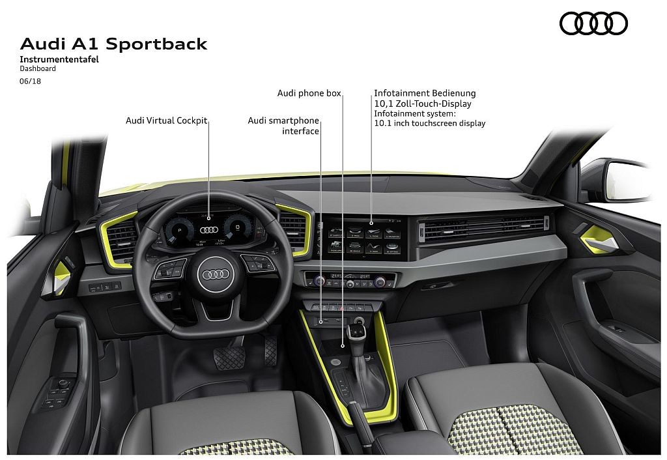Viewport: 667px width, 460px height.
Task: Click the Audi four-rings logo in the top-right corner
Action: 593,23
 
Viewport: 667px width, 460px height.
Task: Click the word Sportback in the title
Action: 156,44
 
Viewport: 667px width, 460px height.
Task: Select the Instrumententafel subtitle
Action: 59,59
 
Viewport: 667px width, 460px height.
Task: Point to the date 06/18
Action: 30,81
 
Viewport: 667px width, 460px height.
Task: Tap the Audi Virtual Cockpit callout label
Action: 166,121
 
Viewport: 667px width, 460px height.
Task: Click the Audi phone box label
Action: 309,93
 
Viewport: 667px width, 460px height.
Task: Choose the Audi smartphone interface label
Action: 283,126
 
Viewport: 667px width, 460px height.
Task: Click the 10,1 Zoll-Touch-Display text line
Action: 423,104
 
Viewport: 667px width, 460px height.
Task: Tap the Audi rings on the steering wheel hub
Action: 216,274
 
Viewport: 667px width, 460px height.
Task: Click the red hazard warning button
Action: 341,308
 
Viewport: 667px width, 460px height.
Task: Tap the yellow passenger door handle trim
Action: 600,239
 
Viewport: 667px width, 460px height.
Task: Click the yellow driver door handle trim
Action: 63,277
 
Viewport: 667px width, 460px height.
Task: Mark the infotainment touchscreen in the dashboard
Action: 365,237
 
